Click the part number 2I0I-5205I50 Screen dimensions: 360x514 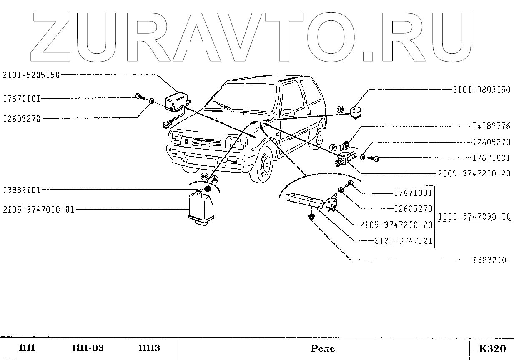coord(32,75)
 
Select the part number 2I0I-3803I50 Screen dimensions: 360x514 coord(481,90)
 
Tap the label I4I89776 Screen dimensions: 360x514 coord(491,125)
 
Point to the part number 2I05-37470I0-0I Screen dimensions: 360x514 coord(38,210)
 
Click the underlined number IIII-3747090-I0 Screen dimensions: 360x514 coord(474,217)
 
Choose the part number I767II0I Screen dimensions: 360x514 coord(21,99)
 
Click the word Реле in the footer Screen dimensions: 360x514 coord(323,348)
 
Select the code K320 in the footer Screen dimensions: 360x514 coord(492,348)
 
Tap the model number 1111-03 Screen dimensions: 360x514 coord(88,348)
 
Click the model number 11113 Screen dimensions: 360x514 coord(149,348)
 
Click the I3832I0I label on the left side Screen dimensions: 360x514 coord(21,190)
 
